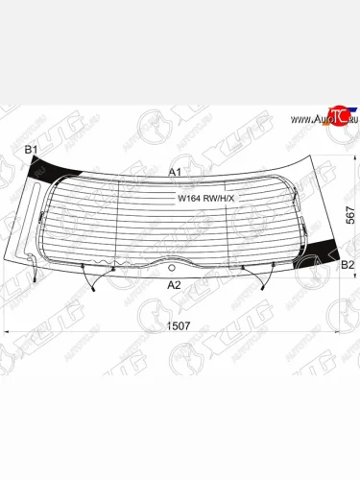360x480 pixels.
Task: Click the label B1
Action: (30, 150)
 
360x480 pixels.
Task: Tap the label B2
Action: (348, 263)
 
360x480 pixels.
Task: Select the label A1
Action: (175, 171)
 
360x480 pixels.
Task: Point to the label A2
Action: (174, 284)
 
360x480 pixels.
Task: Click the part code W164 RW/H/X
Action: (204, 200)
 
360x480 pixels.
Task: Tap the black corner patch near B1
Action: (46, 173)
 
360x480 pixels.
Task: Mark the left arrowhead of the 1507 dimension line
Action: (11, 332)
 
